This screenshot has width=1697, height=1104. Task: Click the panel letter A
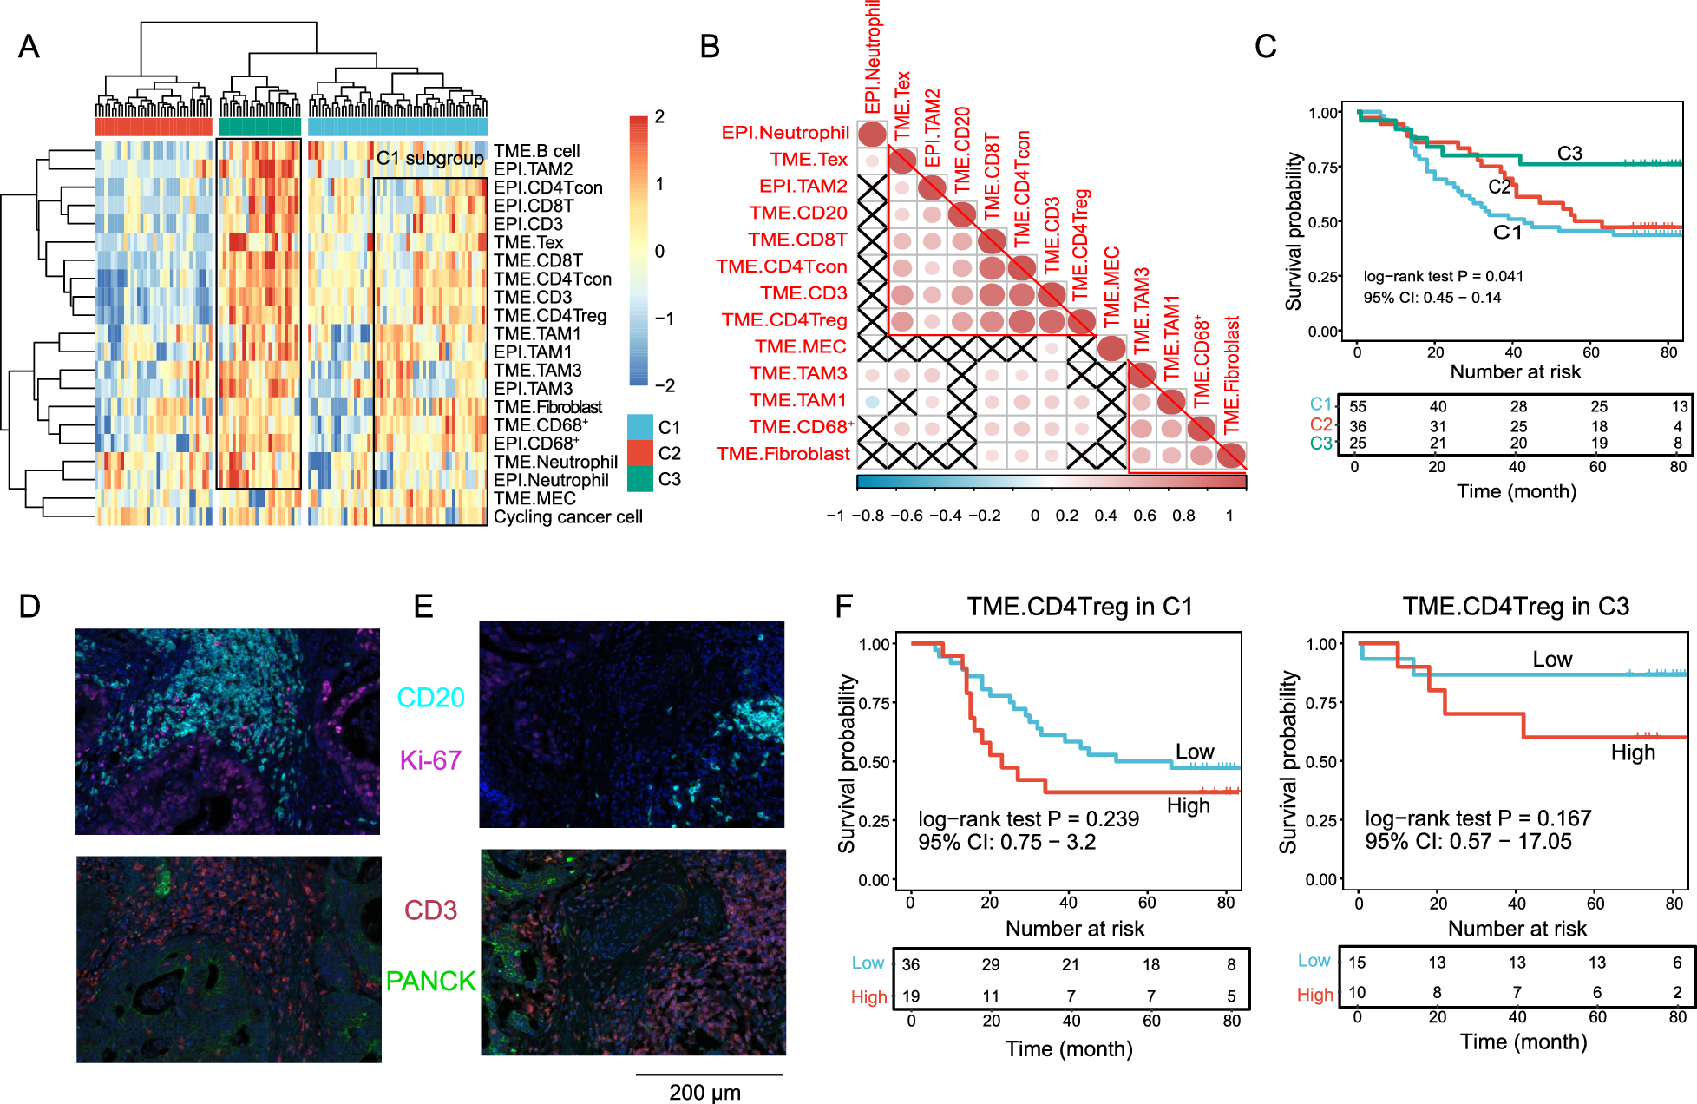pos(29,46)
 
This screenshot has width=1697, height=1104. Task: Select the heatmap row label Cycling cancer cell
pos(567,517)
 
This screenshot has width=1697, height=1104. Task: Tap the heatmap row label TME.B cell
pos(536,151)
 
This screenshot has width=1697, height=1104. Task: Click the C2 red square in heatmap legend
pos(640,453)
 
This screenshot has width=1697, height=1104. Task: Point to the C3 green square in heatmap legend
pos(640,479)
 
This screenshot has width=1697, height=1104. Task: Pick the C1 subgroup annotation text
pos(429,158)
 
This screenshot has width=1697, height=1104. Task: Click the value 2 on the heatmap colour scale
pos(660,117)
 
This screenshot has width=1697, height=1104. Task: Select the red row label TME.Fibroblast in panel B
pos(783,454)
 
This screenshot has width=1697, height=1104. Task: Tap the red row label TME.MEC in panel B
pos(800,347)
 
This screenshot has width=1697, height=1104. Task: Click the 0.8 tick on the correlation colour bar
pos(1183,516)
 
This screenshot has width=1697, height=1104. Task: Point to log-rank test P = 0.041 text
pos(1443,277)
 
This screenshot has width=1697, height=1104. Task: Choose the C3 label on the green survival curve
pos(1569,154)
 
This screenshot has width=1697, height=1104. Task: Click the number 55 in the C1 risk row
pos(1358,407)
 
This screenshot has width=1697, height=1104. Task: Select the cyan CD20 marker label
pos(430,698)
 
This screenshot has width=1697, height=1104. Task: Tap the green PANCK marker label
pos(430,982)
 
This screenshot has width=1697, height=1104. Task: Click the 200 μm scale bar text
pos(704,1092)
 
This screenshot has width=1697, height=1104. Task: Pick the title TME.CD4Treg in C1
pos(1079,607)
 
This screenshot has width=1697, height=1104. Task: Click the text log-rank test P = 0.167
pos(1478,818)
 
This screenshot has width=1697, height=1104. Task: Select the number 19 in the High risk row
pos(911,996)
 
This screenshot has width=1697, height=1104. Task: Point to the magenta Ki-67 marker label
pos(430,761)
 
